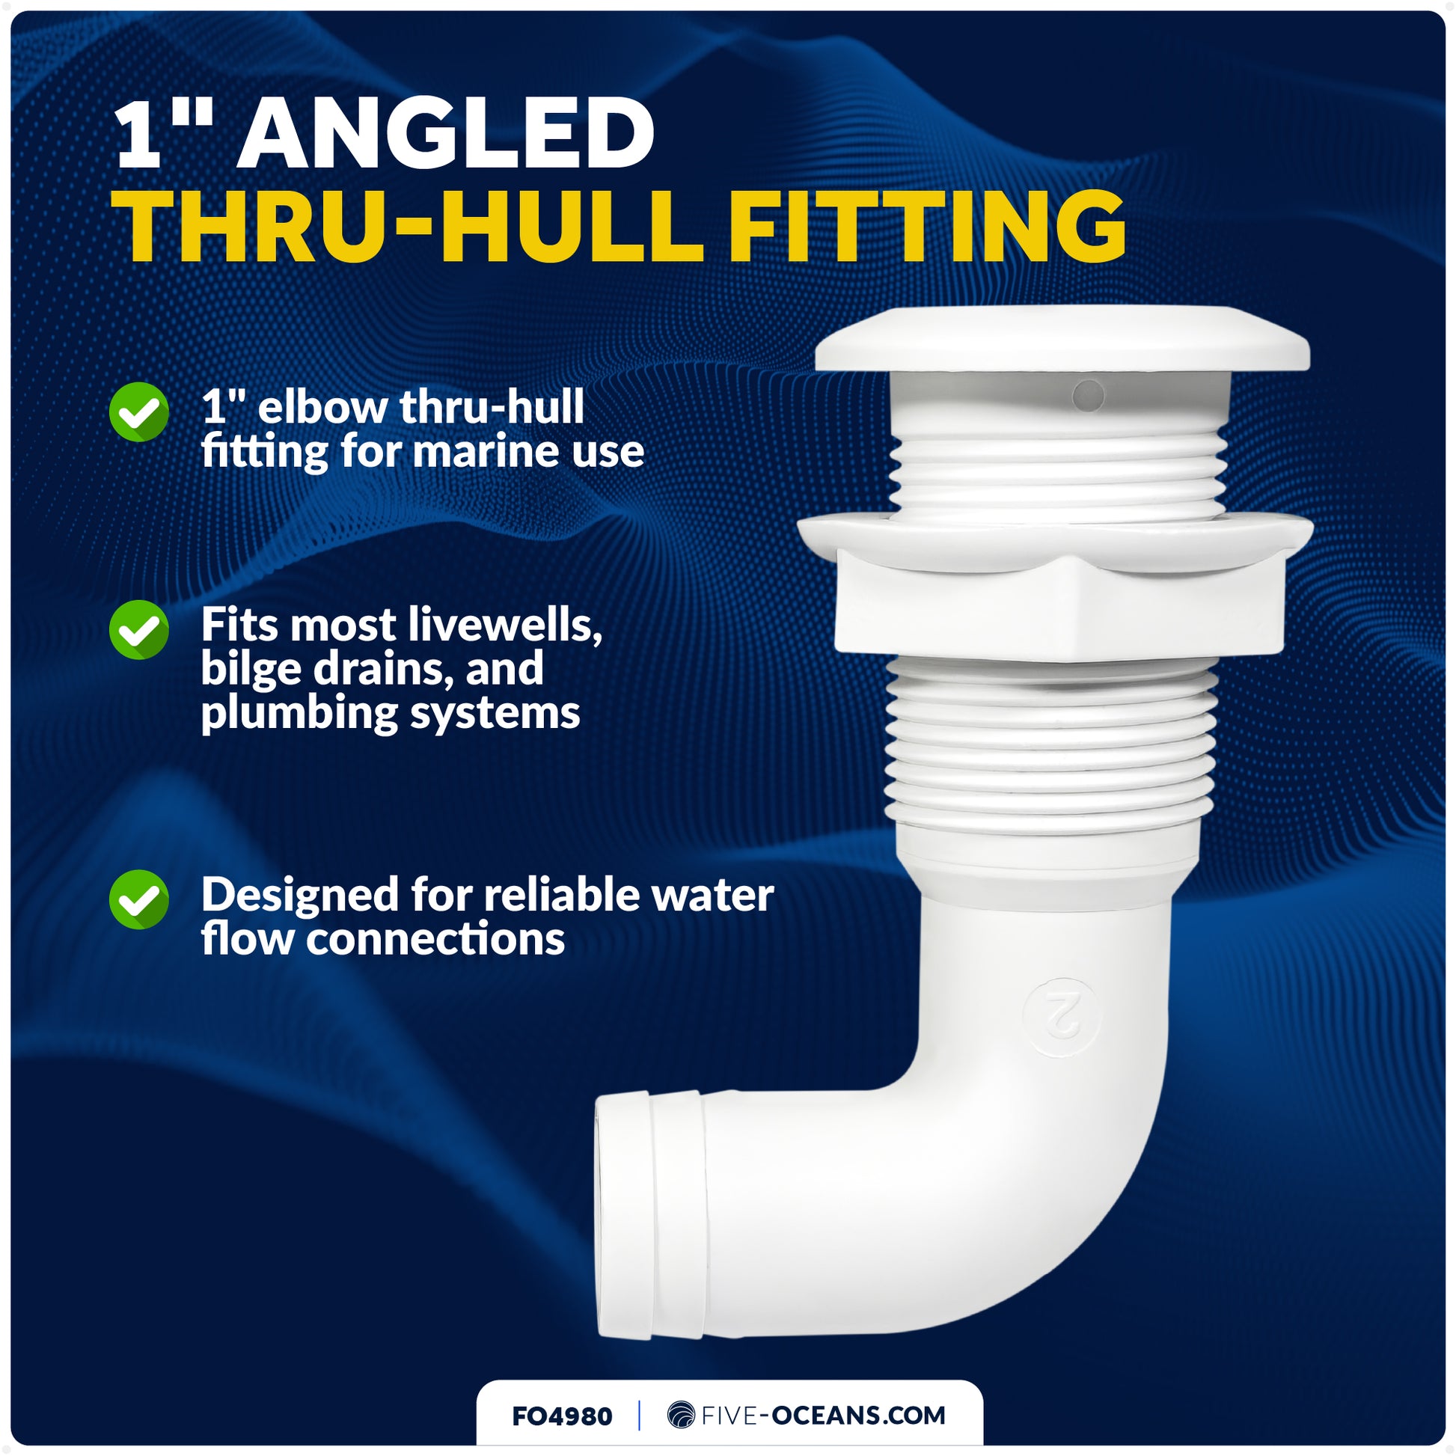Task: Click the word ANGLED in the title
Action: (x=445, y=133)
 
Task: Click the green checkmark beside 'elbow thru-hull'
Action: (x=139, y=412)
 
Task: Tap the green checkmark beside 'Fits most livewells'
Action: (x=139, y=629)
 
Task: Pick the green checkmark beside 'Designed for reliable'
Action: (x=139, y=899)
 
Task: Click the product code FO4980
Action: (x=561, y=1416)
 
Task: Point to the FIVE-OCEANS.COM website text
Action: (x=823, y=1416)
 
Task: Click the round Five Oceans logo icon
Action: (x=681, y=1416)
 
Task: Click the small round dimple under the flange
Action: (x=1087, y=395)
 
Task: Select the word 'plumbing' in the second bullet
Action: (x=299, y=712)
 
